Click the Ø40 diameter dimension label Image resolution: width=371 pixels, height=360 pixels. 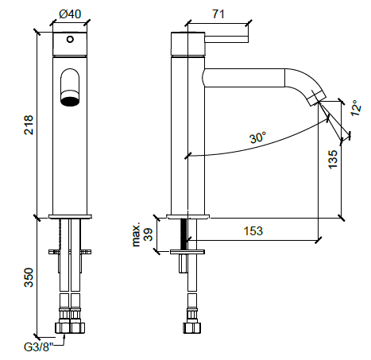point(70,14)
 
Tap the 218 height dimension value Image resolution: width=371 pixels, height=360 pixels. point(29,125)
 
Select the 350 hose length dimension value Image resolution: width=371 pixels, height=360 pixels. point(29,277)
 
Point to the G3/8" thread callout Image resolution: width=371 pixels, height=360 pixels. point(39,346)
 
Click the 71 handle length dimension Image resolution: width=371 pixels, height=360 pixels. point(218,14)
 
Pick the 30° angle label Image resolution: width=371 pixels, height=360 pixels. point(257,137)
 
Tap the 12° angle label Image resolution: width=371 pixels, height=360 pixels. point(356,108)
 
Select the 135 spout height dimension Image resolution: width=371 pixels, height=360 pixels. point(333,159)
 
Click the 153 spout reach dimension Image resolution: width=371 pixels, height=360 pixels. point(253,231)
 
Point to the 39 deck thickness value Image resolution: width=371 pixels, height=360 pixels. point(149,234)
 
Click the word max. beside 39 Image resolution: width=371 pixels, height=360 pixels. point(136,234)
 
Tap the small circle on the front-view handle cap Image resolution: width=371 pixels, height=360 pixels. point(70,40)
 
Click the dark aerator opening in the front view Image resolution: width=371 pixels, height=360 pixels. point(70,101)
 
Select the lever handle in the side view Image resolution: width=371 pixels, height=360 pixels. point(226,39)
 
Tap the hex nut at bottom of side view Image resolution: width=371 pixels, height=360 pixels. point(192,327)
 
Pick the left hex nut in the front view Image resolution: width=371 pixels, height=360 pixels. point(63,327)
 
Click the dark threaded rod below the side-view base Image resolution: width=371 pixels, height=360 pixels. point(184,234)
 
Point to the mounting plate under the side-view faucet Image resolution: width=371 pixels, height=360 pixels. point(187,252)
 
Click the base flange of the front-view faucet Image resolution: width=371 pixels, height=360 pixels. point(70,217)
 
